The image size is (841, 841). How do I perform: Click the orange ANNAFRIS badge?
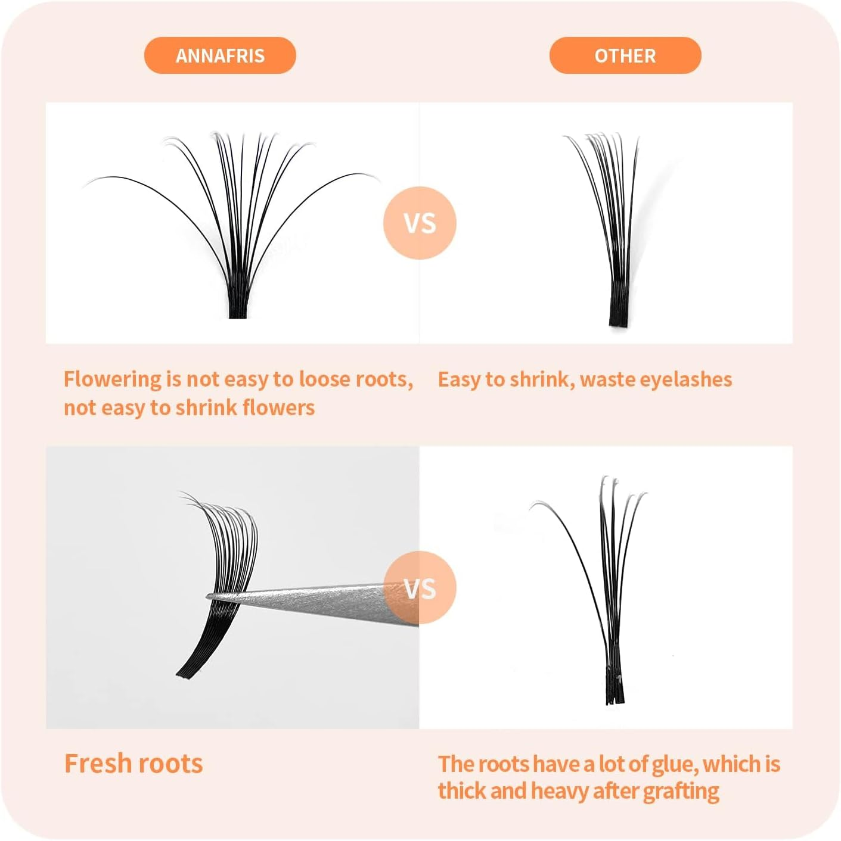click(x=220, y=55)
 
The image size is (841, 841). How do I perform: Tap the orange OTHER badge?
click(x=625, y=55)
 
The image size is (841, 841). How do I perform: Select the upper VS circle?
click(x=420, y=223)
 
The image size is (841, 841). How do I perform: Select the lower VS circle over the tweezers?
click(x=420, y=588)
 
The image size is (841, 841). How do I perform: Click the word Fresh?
click(x=97, y=764)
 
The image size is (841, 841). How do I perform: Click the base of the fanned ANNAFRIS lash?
click(x=238, y=307)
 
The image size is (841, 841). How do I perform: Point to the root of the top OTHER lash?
click(x=619, y=316)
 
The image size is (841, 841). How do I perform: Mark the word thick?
click(x=463, y=792)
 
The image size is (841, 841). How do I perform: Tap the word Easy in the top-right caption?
click(x=459, y=379)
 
